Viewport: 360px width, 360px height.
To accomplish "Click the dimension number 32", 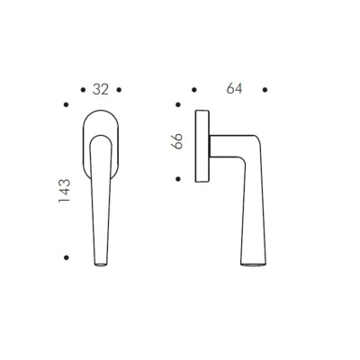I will (101, 89).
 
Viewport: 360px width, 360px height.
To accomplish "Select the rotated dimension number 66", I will (177, 141).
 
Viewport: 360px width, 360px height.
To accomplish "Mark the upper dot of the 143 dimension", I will (66, 108).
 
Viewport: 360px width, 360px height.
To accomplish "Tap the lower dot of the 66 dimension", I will (178, 176).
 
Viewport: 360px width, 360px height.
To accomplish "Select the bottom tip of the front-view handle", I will (102, 266).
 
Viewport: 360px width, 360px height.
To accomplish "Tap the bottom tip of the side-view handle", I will (253, 266).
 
